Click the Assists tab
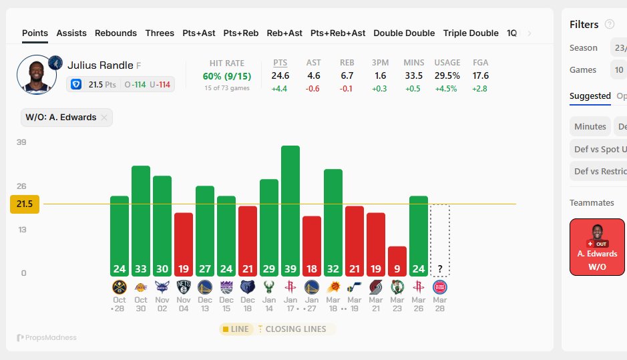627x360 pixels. [71, 33]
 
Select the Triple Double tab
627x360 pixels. [471, 33]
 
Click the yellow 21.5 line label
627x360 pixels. [25, 204]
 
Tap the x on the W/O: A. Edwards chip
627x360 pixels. [104, 118]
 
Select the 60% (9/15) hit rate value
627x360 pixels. [227, 76]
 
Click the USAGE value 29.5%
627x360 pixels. [447, 76]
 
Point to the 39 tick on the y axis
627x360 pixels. [21, 142]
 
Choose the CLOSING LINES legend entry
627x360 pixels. [295, 329]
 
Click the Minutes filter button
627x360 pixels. [590, 126]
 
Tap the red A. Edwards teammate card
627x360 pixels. [597, 246]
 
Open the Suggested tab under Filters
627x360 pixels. [590, 96]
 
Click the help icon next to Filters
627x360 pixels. [609, 25]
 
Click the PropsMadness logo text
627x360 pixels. [47, 338]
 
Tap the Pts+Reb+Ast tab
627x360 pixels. [338, 33]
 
